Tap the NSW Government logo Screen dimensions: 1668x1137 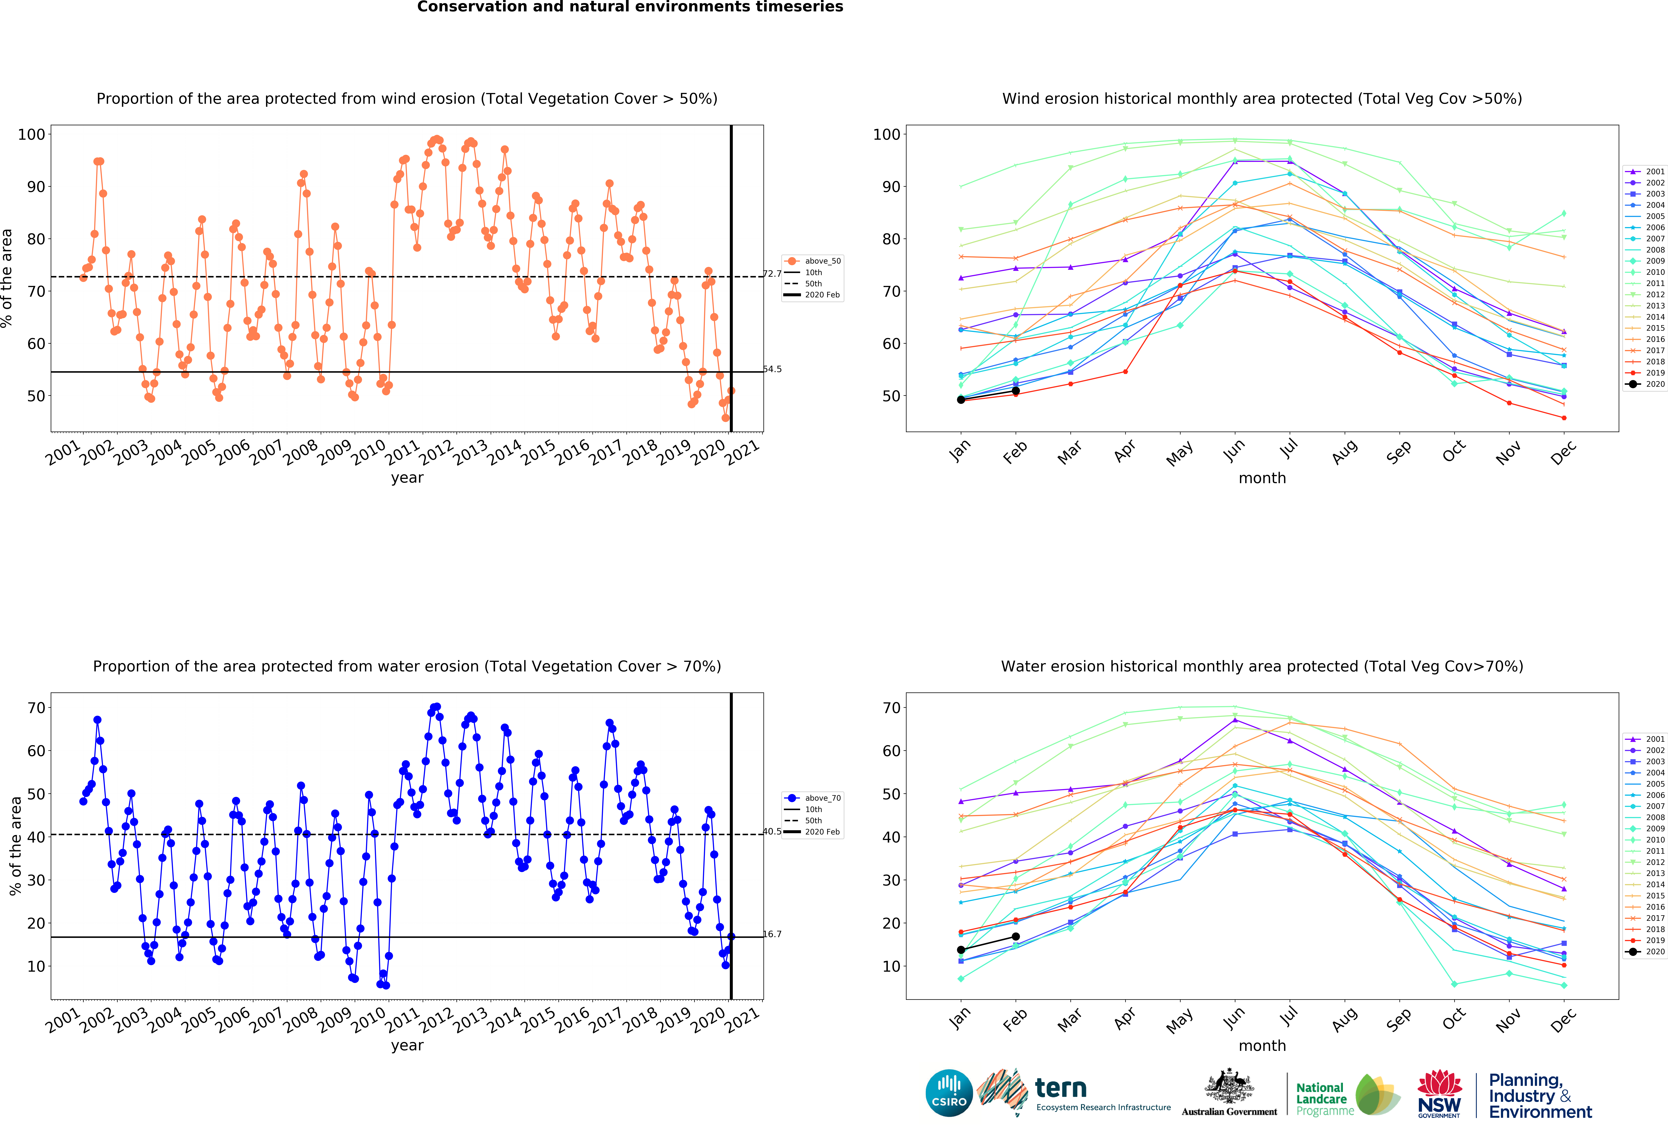1439,1094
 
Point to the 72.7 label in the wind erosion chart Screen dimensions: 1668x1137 772,274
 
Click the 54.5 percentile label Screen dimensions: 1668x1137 772,369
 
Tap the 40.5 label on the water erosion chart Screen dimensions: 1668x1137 772,831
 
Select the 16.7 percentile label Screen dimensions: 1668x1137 772,934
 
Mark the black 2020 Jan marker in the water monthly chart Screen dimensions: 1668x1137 961,950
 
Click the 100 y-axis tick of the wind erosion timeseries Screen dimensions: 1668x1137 31,134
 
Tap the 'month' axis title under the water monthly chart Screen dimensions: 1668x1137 1262,1046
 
